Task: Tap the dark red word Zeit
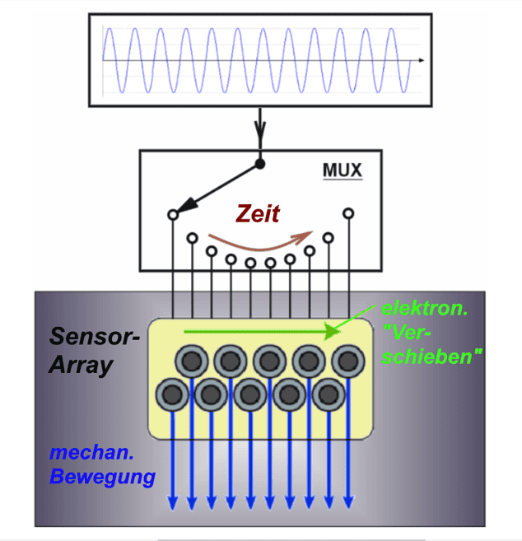[x=258, y=215]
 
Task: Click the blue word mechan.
[x=83, y=452]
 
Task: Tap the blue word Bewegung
[x=102, y=475]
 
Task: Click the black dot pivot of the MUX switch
[x=260, y=164]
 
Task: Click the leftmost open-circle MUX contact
[x=173, y=215]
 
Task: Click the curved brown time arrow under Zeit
[x=255, y=244]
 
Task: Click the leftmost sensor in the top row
[x=192, y=361]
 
